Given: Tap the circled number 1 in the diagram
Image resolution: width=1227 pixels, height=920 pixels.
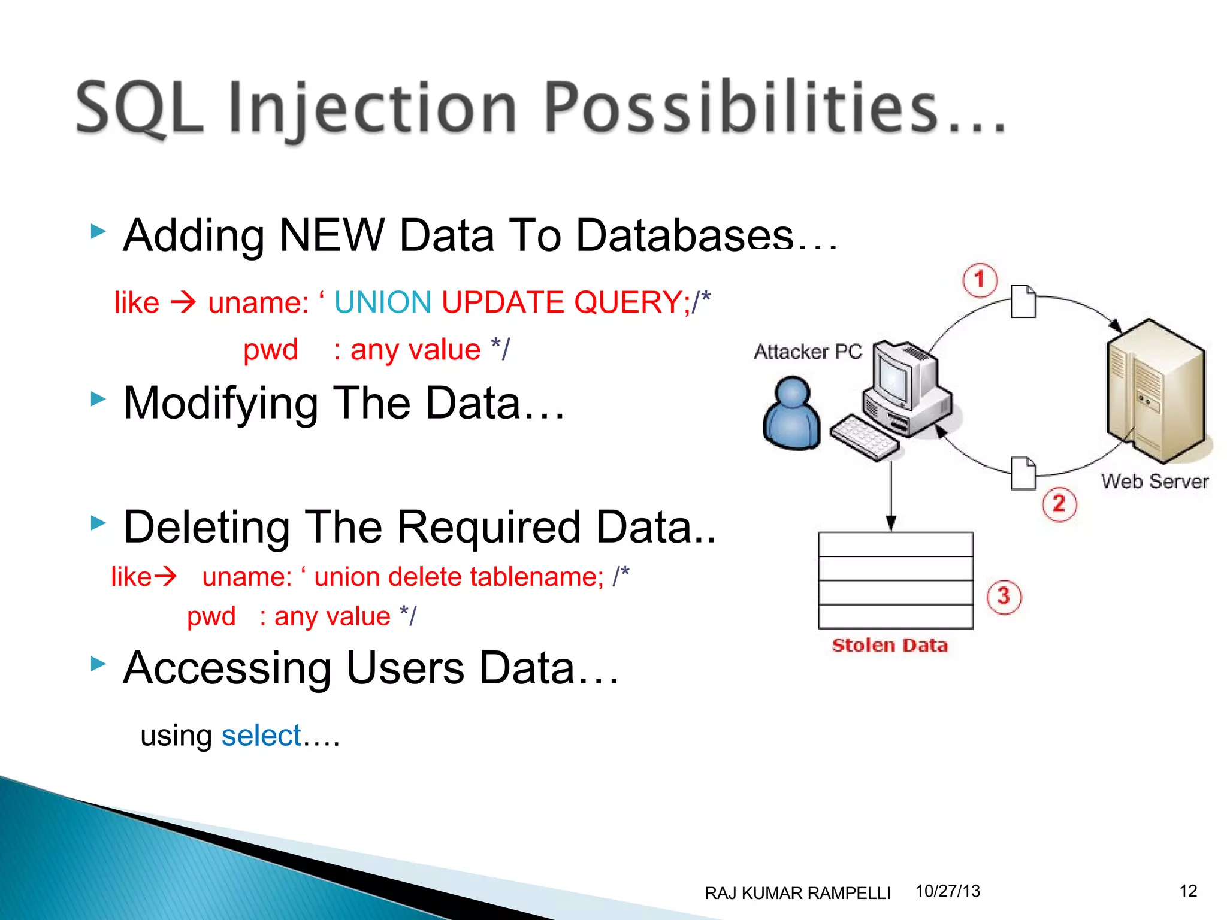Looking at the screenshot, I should (980, 280).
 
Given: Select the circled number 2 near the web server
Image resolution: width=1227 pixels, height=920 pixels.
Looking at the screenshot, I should (1059, 504).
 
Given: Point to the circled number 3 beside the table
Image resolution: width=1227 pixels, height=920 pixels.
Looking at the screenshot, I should (1004, 597).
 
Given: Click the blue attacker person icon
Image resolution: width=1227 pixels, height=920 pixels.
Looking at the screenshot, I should (791, 413).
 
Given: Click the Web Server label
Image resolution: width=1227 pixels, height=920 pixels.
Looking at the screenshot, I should (1155, 482).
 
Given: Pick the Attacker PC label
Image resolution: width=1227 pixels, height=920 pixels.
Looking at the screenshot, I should (808, 352).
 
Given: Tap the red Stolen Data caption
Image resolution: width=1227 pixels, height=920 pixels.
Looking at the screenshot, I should (890, 646).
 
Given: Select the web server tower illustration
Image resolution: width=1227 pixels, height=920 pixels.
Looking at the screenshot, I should (1155, 389).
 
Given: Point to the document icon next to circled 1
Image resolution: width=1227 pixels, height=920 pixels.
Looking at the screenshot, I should (1023, 301).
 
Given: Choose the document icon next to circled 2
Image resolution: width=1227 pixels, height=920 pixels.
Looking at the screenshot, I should (1023, 473).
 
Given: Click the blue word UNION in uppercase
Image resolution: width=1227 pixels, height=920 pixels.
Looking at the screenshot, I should (383, 302).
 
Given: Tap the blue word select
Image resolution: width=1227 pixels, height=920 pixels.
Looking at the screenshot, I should (261, 736).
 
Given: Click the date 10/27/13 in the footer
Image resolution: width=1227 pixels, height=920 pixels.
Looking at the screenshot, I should (948, 891).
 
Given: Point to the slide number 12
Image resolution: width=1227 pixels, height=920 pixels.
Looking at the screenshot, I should (1188, 891).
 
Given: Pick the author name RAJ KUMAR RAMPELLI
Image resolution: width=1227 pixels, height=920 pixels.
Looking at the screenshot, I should (797, 893).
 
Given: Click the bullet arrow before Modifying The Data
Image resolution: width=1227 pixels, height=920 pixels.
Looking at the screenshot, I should (98, 399).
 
